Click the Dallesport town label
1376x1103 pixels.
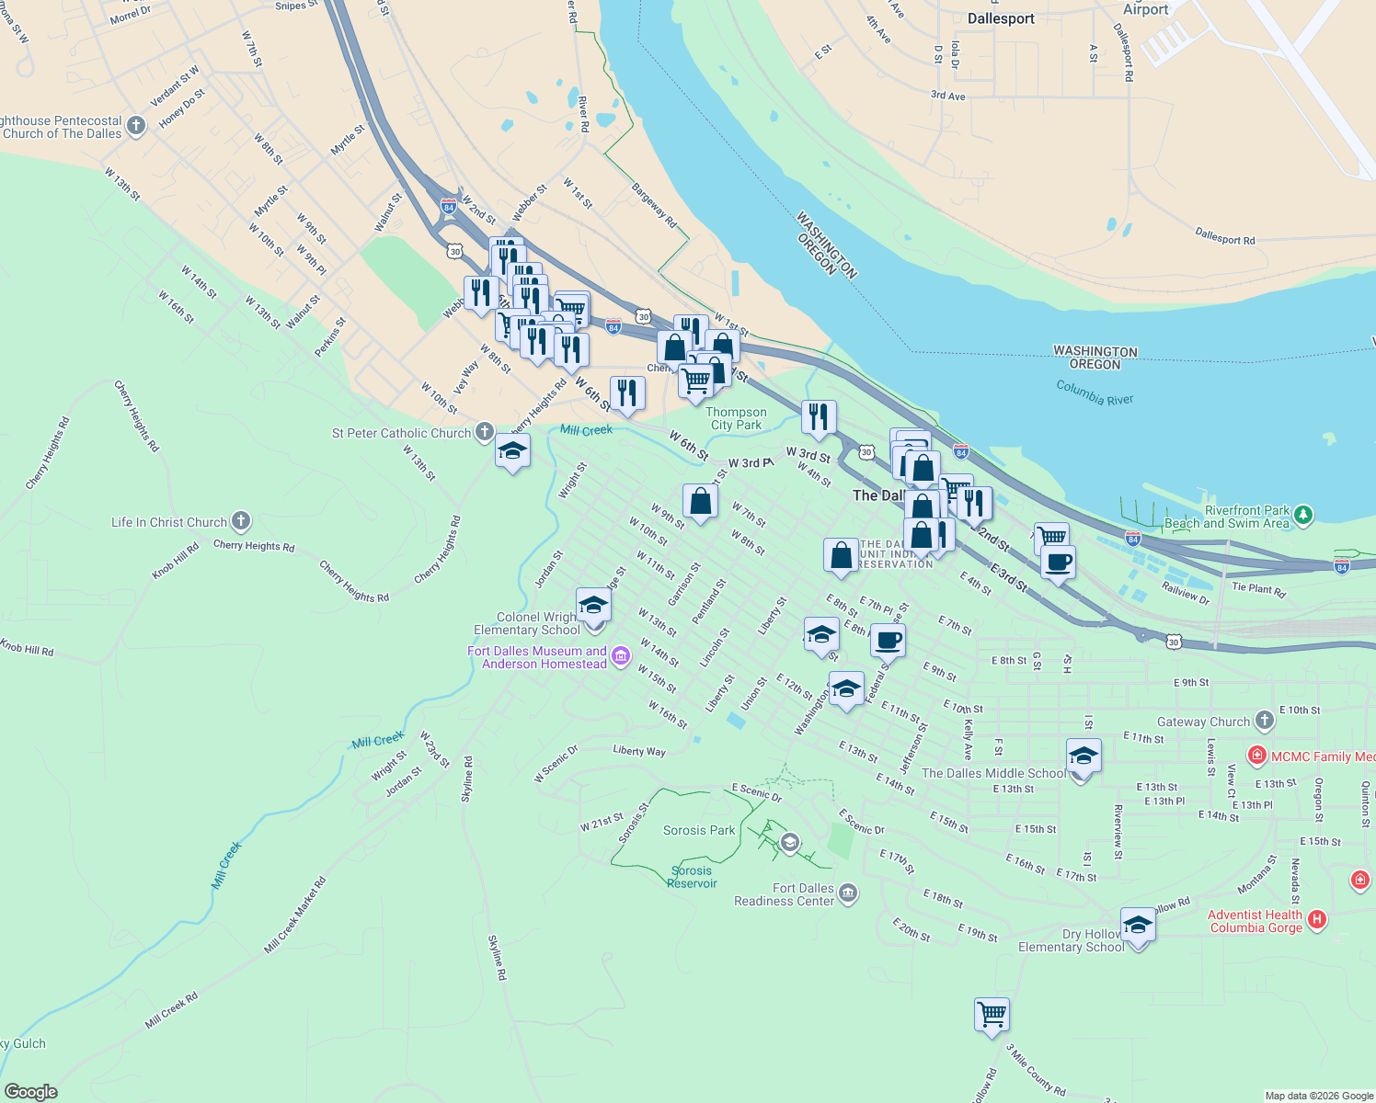1001,18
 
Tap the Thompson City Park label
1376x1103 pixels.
737,418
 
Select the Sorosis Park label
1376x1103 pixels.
699,830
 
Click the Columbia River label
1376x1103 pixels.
1095,392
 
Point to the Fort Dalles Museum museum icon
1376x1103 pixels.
621,655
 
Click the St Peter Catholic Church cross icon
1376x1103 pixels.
485,432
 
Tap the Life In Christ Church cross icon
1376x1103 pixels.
240,522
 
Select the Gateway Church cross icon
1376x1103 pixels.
1265,721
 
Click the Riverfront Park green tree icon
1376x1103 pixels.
1303,517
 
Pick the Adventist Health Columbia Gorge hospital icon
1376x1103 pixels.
1317,919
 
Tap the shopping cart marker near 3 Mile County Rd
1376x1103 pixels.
992,1016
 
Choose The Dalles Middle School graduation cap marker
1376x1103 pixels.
1084,757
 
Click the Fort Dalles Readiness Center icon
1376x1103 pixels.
848,892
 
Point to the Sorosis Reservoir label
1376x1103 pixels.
692,877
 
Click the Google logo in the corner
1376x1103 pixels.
30,1092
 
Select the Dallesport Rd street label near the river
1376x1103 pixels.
1224,238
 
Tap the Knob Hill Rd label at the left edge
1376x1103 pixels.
27,648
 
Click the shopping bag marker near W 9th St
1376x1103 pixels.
700,502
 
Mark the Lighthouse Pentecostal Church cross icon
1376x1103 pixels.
136,126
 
